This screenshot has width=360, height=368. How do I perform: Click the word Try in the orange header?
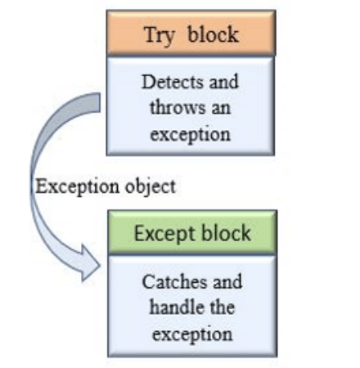coord(161,35)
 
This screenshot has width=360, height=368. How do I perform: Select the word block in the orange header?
coord(214,35)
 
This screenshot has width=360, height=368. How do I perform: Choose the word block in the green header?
coord(223,234)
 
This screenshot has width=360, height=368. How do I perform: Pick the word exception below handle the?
coord(191,334)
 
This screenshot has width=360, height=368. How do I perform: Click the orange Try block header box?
coord(191,35)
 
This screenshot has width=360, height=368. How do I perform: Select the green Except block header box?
coord(191,234)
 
